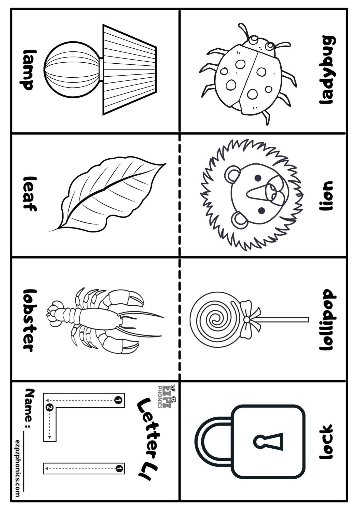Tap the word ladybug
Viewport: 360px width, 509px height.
click(327, 70)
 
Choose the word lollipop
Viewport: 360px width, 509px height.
click(327, 320)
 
